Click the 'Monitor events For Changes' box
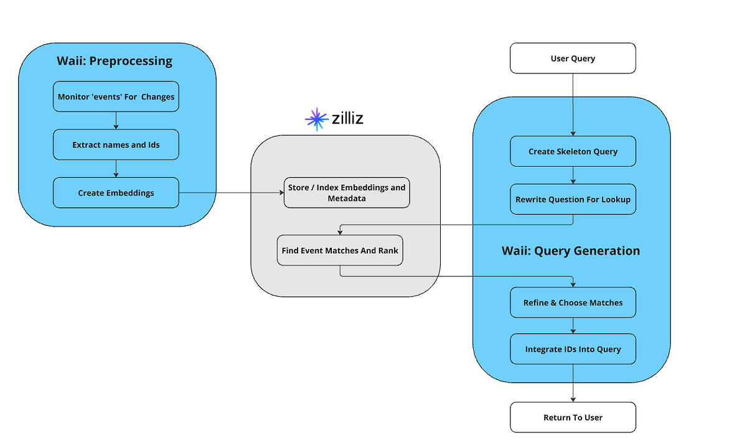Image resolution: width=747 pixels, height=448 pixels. (116, 96)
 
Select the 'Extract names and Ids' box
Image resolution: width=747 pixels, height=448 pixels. (116, 144)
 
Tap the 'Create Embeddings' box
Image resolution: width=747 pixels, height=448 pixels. (116, 193)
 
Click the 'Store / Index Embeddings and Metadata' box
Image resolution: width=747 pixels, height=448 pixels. (347, 193)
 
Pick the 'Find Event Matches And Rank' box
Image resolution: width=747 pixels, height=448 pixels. (340, 250)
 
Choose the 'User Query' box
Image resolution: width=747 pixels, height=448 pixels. (573, 58)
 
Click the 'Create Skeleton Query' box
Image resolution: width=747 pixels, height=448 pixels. (573, 151)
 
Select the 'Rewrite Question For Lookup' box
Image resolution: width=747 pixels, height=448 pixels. (573, 199)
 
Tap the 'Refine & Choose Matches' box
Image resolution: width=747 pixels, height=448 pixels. (573, 302)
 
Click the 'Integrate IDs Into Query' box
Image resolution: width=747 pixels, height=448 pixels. (573, 349)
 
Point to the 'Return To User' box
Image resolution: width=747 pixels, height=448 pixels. (573, 417)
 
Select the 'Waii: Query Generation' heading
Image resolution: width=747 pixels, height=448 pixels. (570, 251)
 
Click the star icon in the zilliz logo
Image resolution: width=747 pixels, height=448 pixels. (317, 119)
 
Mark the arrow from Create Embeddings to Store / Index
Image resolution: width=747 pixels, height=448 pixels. (230, 193)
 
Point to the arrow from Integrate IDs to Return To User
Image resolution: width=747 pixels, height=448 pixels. (573, 383)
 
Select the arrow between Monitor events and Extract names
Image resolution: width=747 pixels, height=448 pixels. (116, 121)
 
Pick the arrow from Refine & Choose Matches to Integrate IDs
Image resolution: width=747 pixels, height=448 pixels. (573, 326)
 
